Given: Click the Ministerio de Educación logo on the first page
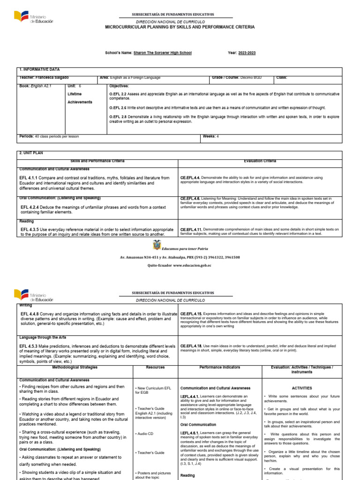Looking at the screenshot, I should [x=33, y=18].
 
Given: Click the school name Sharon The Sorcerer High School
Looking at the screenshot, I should [x=163, y=53].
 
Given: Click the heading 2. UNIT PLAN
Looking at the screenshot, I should [x=31, y=153].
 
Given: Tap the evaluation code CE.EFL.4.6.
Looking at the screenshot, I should [x=190, y=198].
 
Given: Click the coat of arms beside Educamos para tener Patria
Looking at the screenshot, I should [x=156, y=246].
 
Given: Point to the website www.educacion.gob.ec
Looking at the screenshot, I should [x=192, y=265].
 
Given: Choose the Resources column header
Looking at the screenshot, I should [x=155, y=367].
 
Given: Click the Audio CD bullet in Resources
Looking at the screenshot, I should [x=145, y=434].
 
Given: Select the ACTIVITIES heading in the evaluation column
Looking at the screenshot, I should [x=301, y=388].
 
